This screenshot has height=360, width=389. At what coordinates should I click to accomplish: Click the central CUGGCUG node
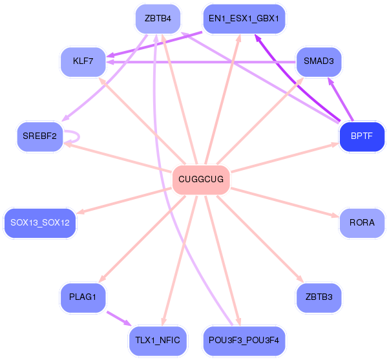[201, 179]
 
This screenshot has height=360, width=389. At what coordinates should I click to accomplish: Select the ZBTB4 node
[158, 19]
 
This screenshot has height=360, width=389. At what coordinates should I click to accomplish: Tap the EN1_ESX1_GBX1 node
[244, 19]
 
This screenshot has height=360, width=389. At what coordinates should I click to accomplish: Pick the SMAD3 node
[319, 62]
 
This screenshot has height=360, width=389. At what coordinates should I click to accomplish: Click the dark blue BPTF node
[362, 136]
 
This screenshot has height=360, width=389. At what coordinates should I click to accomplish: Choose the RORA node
[362, 223]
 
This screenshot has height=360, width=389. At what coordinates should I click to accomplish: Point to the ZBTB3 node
[319, 297]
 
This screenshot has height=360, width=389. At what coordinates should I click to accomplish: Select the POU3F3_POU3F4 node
[244, 340]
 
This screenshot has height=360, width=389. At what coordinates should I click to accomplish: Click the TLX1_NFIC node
[158, 340]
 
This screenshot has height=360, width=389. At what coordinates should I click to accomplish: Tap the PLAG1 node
[83, 297]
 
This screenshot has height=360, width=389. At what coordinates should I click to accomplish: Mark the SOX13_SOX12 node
[40, 223]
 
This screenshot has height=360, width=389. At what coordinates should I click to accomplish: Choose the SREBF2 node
[40, 136]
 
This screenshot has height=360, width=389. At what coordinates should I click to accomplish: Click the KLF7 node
[83, 62]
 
